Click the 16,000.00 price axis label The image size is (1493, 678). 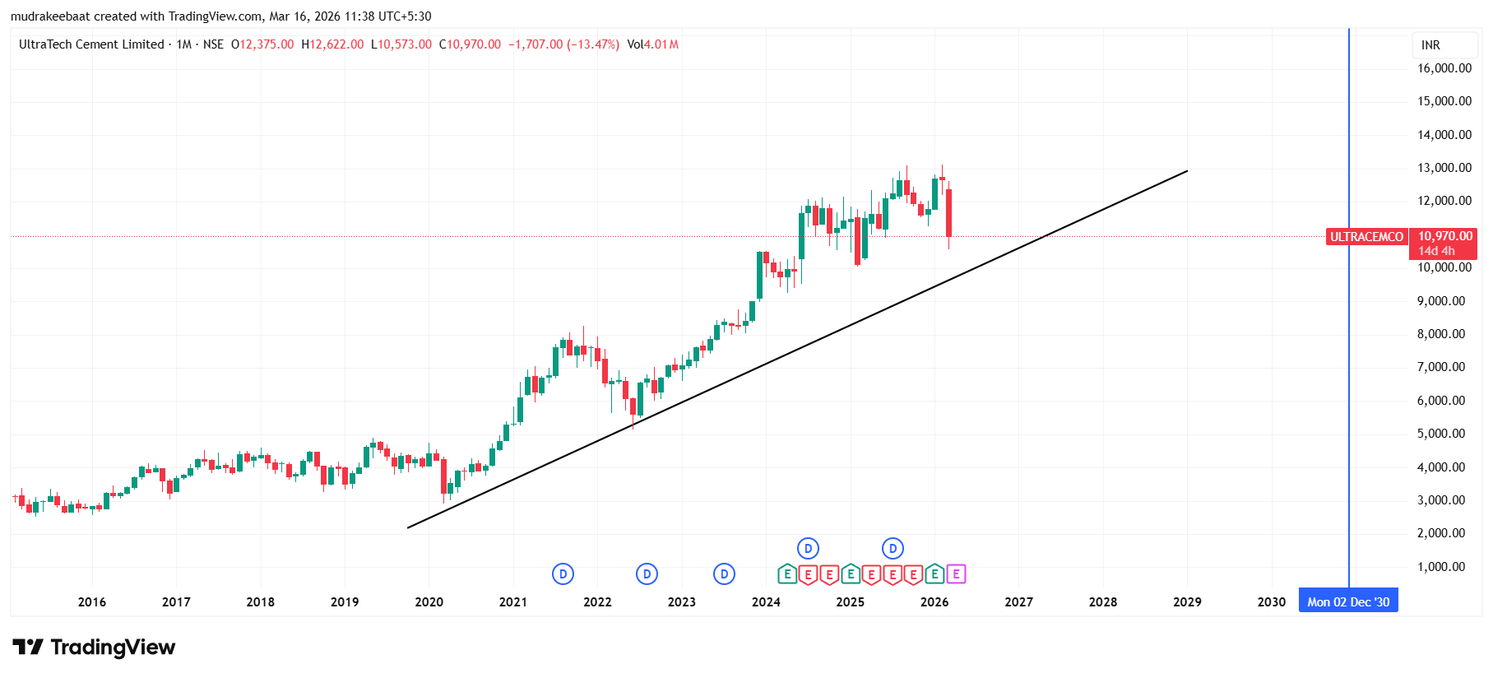pos(1444,68)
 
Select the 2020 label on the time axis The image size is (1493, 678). pos(429,602)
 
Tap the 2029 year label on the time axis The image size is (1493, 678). pos(1187,602)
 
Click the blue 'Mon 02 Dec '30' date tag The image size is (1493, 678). pos(1347,601)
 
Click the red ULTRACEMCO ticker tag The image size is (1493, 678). pos(1366,237)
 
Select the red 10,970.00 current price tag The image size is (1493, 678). pos(1444,237)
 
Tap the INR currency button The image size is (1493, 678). pos(1430,45)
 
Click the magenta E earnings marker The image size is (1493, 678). pos(956,574)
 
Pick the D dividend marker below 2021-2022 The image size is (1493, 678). pos(563,574)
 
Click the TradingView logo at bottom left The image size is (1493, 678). pos(94,648)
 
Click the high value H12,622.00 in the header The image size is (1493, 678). pos(332,44)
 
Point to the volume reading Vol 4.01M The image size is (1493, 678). pos(652,44)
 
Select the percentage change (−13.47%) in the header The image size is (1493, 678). pos(592,44)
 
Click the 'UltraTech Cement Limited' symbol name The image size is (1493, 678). pos(91,44)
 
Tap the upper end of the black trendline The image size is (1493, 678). pos(1187,171)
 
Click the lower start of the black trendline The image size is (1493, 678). pos(408,527)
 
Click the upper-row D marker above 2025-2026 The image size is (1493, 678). pos(893,548)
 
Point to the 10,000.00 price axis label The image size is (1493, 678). pos(1444,267)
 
